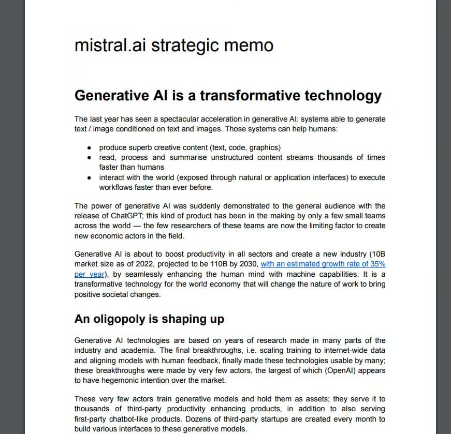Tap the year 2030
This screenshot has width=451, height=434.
coord(245,264)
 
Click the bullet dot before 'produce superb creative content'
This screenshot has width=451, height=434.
coord(90,147)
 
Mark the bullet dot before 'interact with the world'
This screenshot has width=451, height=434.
coord(90,177)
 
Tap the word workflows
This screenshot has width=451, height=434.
coord(116,187)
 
